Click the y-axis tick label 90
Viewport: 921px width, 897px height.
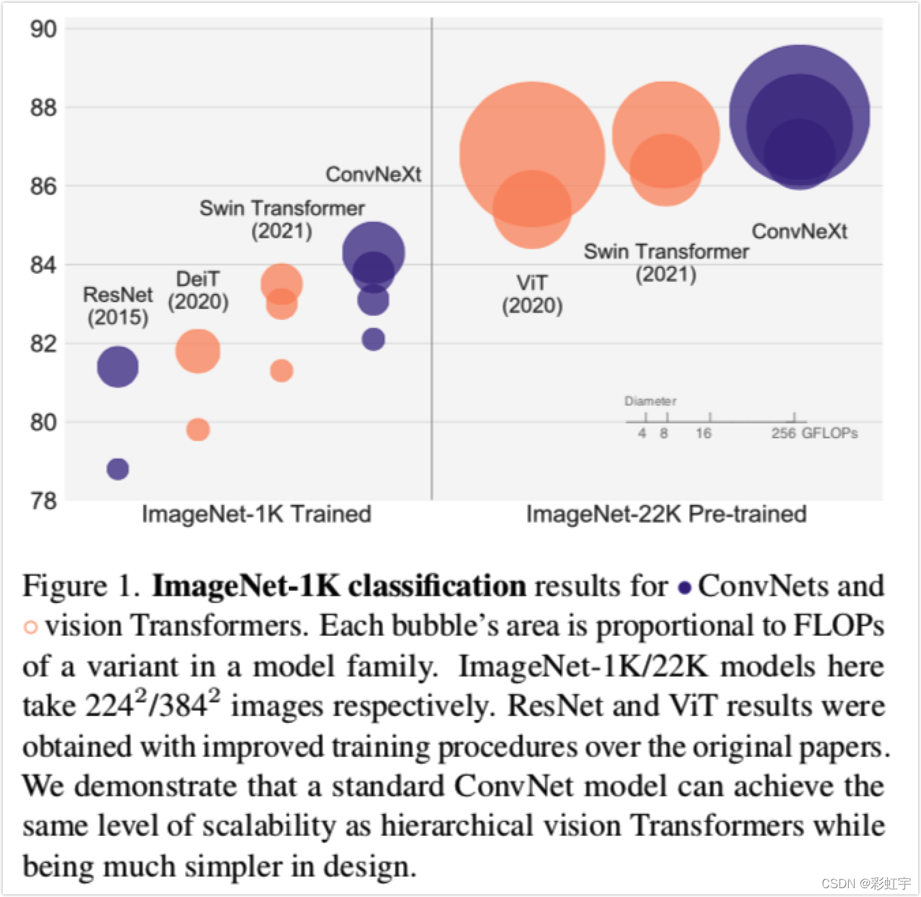pyautogui.click(x=43, y=29)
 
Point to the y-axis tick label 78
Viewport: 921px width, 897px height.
pyautogui.click(x=43, y=501)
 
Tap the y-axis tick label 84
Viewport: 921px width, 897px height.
pyautogui.click(x=43, y=265)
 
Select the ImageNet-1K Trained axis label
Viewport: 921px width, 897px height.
pyautogui.click(x=256, y=514)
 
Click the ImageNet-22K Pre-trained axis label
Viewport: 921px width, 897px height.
pyautogui.click(x=666, y=514)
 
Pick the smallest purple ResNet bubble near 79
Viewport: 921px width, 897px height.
pyautogui.click(x=118, y=469)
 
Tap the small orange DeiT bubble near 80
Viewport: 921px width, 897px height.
pyautogui.click(x=198, y=429)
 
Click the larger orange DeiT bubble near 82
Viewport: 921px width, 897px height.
pyautogui.click(x=198, y=350)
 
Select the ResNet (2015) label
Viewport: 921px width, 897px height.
pyautogui.click(x=118, y=306)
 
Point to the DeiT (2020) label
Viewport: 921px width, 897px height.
pyautogui.click(x=198, y=290)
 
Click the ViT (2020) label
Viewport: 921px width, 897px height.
pyautogui.click(x=532, y=294)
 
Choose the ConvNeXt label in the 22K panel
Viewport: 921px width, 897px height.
pyautogui.click(x=799, y=231)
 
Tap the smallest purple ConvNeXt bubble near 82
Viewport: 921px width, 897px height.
pyautogui.click(x=373, y=339)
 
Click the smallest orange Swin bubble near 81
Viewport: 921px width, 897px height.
pyautogui.click(x=281, y=370)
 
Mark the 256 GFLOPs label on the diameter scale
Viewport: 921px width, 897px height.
pyautogui.click(x=814, y=434)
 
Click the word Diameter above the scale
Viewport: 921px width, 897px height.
pyautogui.click(x=650, y=401)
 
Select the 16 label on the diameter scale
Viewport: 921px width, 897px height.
pyautogui.click(x=703, y=434)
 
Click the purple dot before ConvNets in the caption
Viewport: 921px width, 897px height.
pyautogui.click(x=685, y=588)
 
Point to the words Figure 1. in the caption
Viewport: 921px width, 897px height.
pyautogui.click(x=81, y=587)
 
